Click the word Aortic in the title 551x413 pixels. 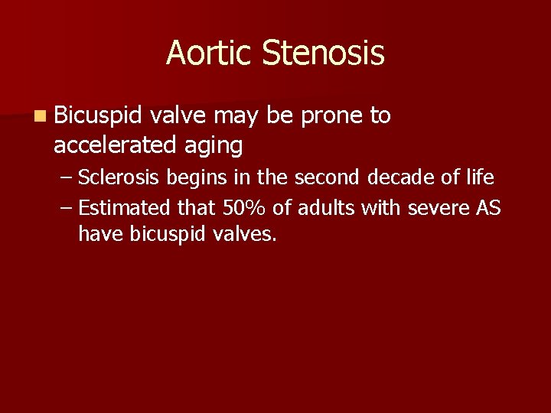(209, 54)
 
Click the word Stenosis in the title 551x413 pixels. (322, 54)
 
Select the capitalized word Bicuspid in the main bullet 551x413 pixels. (99, 116)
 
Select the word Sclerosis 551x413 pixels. (119, 178)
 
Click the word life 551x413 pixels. (477, 178)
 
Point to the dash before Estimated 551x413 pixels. (67, 208)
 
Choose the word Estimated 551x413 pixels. (126, 207)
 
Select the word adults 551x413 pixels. (321, 207)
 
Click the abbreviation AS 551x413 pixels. (487, 207)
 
